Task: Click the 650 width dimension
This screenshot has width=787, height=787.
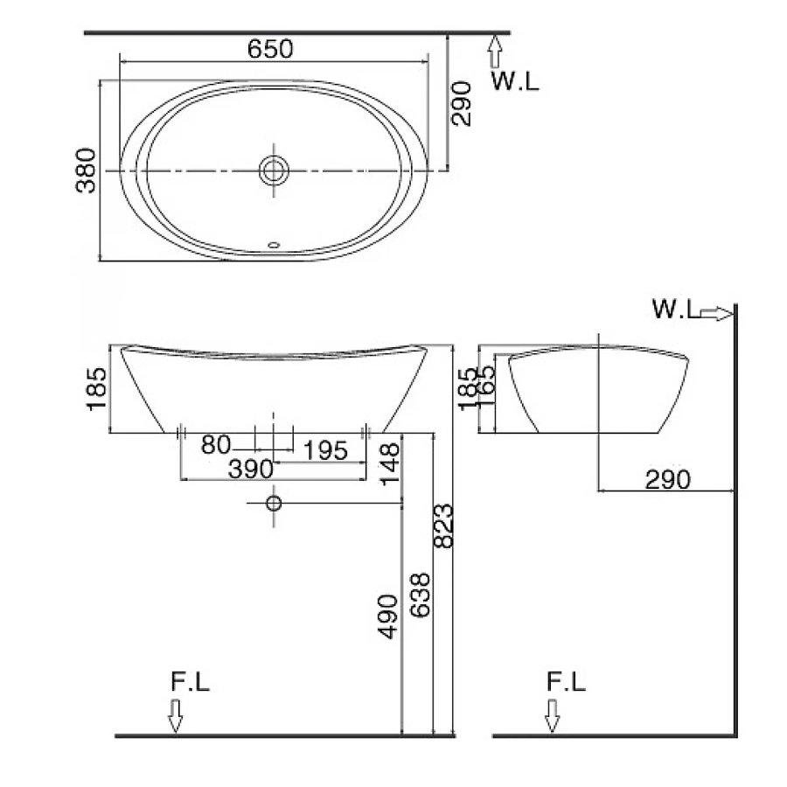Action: [270, 49]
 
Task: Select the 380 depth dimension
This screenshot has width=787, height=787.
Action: [85, 171]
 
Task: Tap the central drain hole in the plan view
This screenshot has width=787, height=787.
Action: [274, 170]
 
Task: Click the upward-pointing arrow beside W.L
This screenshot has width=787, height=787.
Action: [496, 52]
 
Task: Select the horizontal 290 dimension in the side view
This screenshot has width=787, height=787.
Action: [668, 478]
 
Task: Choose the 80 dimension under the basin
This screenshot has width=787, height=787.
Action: [216, 446]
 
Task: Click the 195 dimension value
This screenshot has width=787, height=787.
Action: [325, 450]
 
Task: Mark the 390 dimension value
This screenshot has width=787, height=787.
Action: [252, 470]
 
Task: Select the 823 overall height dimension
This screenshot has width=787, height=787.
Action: [443, 526]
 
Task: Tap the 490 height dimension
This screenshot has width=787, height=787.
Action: [388, 616]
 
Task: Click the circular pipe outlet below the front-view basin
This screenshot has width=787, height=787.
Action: [274, 503]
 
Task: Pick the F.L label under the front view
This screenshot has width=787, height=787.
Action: [190, 683]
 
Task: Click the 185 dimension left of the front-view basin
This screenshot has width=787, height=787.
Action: [96, 388]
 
